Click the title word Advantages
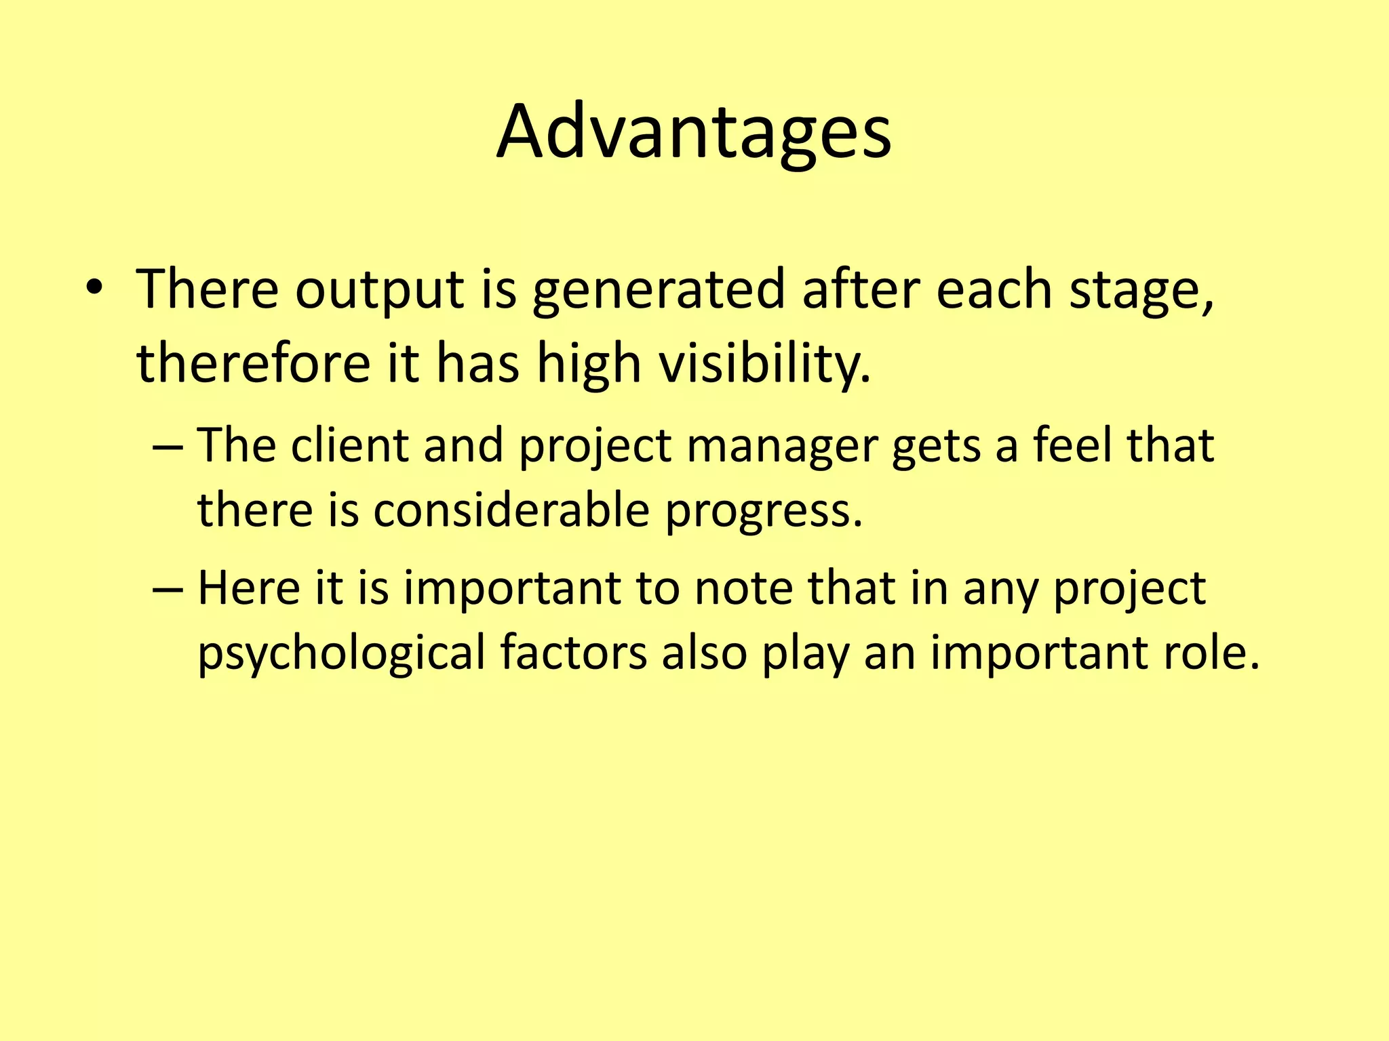pyautogui.click(x=693, y=132)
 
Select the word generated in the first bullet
pyautogui.click(x=658, y=290)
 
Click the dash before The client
pyautogui.click(x=168, y=447)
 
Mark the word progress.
pyautogui.click(x=763, y=512)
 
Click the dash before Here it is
pyautogui.click(x=168, y=588)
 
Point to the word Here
pyautogui.click(x=248, y=588)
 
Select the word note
pyautogui.click(x=743, y=588)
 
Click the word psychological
pyautogui.click(x=341, y=653)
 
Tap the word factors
pyautogui.click(x=574, y=652)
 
